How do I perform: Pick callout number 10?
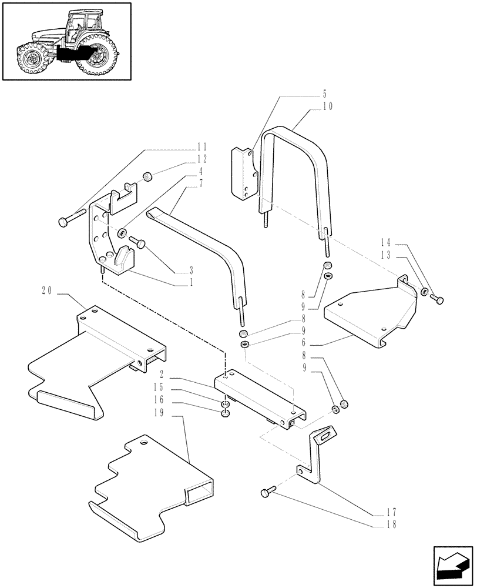pos(327,106)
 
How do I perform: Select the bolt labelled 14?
pos(437,300)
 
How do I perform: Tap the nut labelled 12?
pos(148,176)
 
